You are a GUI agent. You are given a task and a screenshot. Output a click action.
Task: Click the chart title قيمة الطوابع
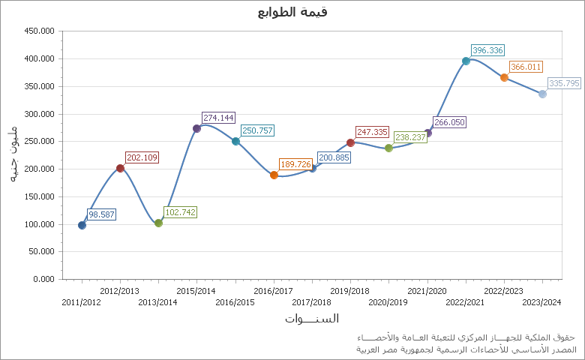pos(292,12)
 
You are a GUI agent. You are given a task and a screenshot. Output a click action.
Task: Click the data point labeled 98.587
pos(82,225)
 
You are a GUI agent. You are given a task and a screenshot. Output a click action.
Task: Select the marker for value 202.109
pos(120,168)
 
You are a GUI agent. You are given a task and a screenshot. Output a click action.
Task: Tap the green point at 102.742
pos(158,223)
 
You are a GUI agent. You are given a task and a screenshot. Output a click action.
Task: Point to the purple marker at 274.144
pos(196,128)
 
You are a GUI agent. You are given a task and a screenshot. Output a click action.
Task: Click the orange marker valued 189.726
pos(274,175)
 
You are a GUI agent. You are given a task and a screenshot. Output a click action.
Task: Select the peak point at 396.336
pos(466,61)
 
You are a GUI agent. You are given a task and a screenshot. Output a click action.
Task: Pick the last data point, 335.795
pos(542,94)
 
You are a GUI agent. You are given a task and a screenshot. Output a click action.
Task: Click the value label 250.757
pos(257,130)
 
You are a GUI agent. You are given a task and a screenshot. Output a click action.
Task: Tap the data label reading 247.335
pos(372,132)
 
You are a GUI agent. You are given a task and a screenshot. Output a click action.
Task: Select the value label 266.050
pos(449,122)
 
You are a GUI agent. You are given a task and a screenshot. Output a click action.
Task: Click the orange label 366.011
pos(525,67)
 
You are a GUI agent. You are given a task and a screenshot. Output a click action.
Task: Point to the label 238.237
pos(410,138)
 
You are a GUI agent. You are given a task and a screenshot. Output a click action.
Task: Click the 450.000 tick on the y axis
pos(40,31)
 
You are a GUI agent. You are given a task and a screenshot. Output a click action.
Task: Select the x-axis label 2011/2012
pos(81,302)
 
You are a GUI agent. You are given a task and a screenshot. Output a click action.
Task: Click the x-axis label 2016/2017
pos(273,291)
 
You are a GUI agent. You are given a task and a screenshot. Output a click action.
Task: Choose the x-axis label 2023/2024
pos(541,302)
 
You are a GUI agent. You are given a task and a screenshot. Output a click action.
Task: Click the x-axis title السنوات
pos(311,319)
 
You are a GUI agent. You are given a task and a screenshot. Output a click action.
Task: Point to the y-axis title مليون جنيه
pos(13,154)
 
